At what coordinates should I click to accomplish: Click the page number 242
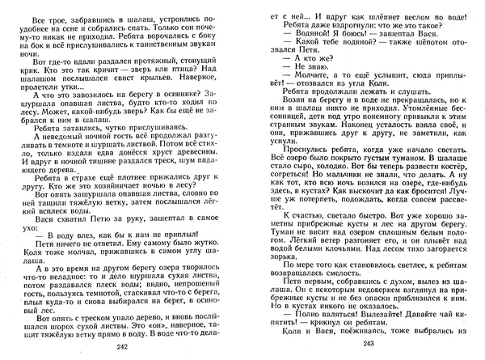pyautogui.click(x=122, y=347)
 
